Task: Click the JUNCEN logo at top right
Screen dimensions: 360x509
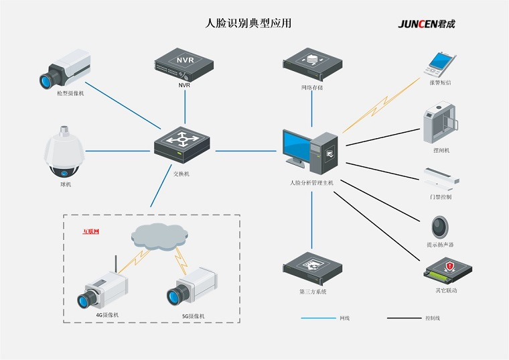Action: pos(427,24)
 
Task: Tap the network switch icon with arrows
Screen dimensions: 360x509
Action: pos(181,143)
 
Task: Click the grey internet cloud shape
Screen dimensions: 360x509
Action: pos(159,235)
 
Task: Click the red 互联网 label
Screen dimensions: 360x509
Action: pos(91,232)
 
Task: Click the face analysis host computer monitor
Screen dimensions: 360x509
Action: pos(297,148)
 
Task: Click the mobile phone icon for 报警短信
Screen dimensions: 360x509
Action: pos(439,64)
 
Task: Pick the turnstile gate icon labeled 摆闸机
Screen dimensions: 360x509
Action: pos(439,124)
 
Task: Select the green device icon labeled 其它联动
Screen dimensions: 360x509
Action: pos(447,272)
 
